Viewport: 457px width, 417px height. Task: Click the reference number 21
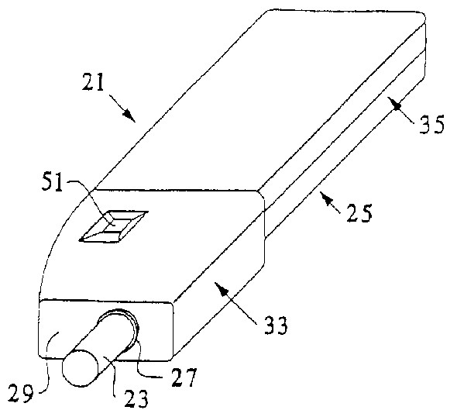[93, 82]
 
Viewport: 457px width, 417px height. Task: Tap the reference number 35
[431, 124]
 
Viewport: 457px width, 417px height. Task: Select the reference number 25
[359, 213]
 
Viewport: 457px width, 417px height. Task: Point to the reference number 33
[276, 325]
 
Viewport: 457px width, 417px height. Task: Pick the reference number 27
[184, 377]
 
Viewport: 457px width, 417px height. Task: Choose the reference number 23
[136, 398]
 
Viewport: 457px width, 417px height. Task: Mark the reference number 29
[20, 393]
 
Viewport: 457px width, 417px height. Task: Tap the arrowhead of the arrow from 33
[221, 288]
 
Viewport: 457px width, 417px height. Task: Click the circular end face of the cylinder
[80, 368]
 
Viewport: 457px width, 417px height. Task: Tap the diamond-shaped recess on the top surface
[114, 226]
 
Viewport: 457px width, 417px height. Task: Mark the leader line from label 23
[112, 376]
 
